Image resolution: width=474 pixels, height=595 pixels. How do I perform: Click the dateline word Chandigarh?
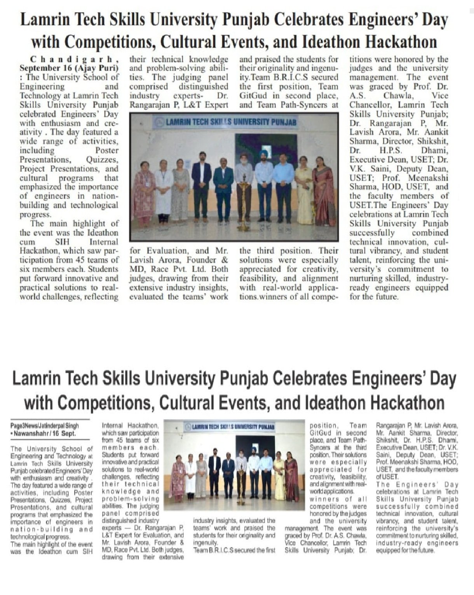pyautogui.click(x=74, y=59)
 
